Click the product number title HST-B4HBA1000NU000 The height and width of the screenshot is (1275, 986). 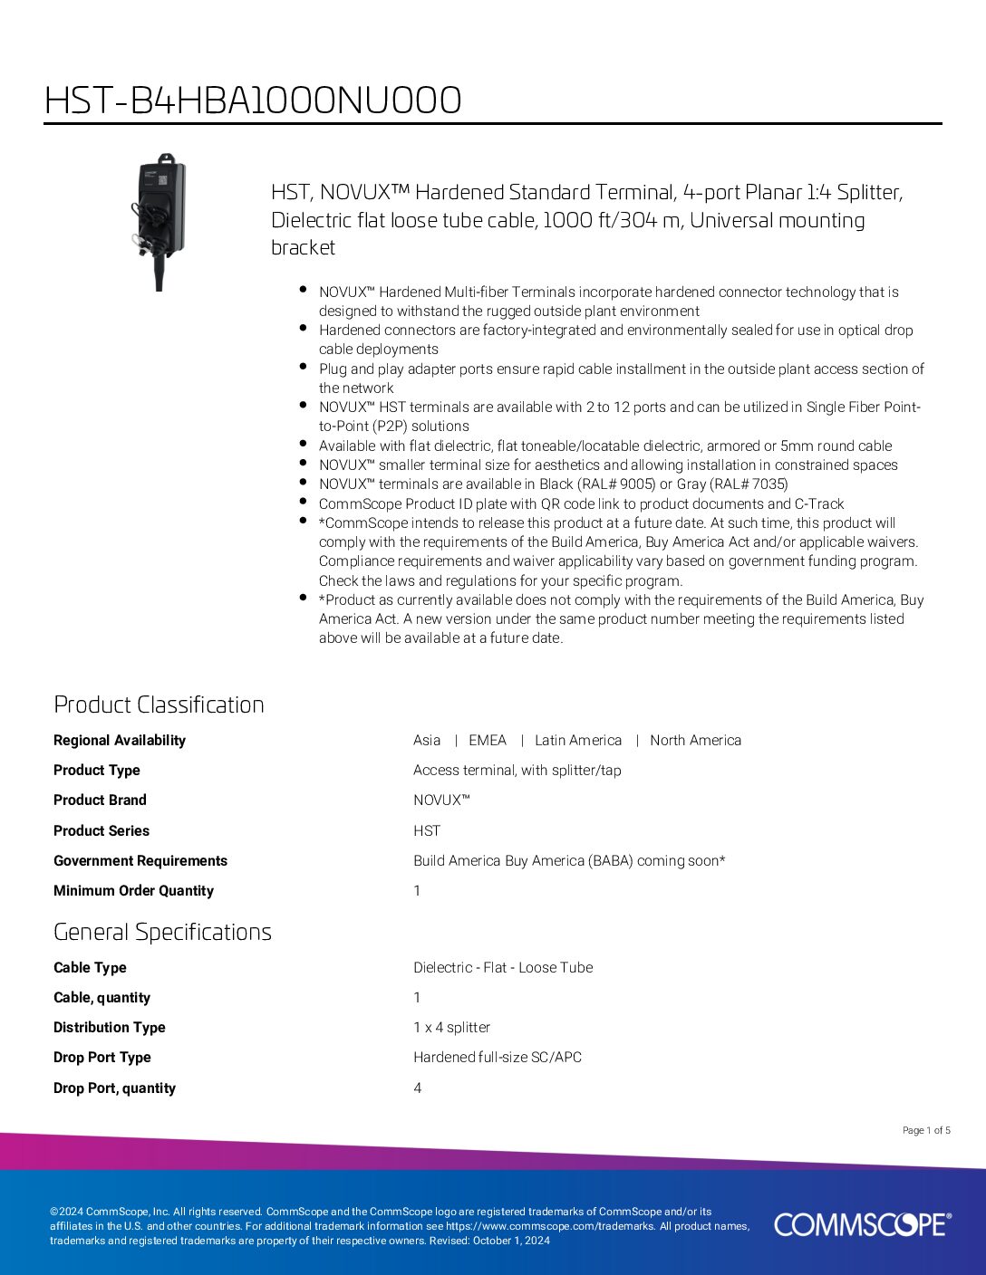pyautogui.click(x=253, y=101)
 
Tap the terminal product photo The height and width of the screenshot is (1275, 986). pyautogui.click(x=160, y=221)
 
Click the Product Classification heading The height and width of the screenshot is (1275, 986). pyautogui.click(x=159, y=705)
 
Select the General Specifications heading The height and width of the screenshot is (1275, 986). pyautogui.click(x=162, y=932)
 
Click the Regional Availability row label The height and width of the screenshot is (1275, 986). pyautogui.click(x=119, y=740)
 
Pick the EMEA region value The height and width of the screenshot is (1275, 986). pyautogui.click(x=488, y=740)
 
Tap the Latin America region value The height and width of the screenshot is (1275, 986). pyautogui.click(x=578, y=740)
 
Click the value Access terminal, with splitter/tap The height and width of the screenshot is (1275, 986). pyautogui.click(x=517, y=770)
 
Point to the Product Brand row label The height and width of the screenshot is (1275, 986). pyautogui.click(x=100, y=800)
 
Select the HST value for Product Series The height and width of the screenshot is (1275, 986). pyautogui.click(x=427, y=830)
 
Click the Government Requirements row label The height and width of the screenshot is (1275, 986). pyautogui.click(x=140, y=860)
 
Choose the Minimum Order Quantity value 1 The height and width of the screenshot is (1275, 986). pyautogui.click(x=417, y=891)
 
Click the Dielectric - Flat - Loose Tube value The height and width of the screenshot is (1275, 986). pyautogui.click(x=503, y=967)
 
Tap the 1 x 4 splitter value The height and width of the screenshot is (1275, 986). pyautogui.click(x=451, y=1027)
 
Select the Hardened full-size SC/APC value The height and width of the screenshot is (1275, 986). pyautogui.click(x=498, y=1057)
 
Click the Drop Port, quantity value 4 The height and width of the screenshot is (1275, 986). pyautogui.click(x=418, y=1088)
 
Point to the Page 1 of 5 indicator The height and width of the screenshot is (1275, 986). pyautogui.click(x=926, y=1130)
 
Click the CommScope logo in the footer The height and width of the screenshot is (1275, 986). pyautogui.click(x=862, y=1224)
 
